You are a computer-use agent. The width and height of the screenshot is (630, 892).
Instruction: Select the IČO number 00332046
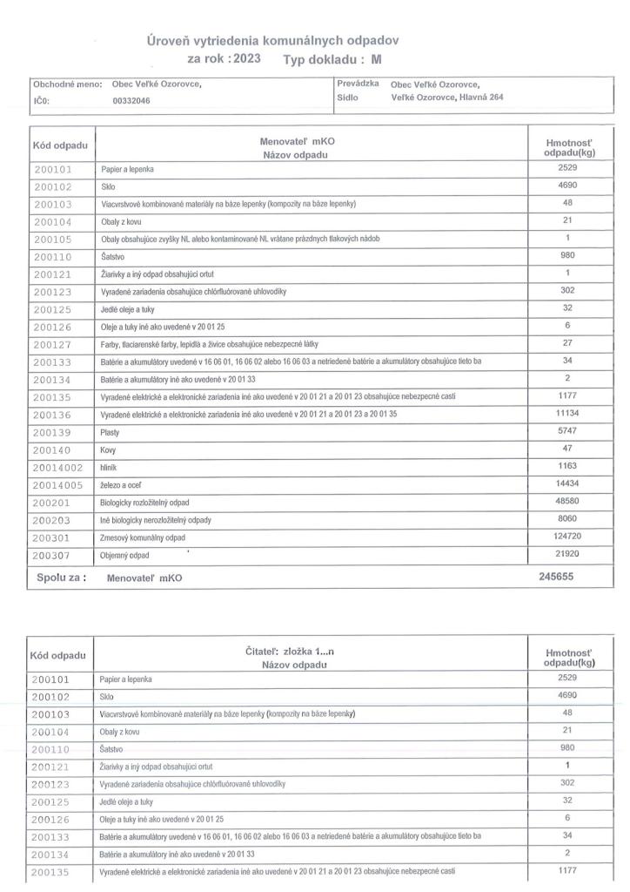point(131,100)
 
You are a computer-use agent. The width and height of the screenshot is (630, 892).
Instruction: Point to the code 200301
point(54,538)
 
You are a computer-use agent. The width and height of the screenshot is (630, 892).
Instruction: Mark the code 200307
point(54,556)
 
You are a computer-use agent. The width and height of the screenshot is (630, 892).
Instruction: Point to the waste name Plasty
point(111,432)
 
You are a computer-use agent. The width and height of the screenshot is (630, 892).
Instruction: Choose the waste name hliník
point(111,467)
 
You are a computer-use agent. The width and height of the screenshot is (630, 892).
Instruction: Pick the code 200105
point(54,239)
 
